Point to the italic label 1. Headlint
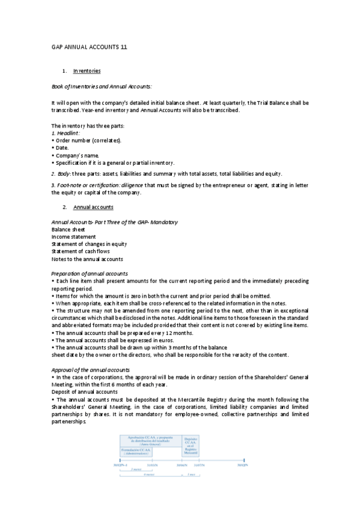pos(66,133)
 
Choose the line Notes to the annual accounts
pos(87,259)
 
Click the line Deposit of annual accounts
pos(85,392)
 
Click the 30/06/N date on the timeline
pos(182,465)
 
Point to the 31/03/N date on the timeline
pos(153,465)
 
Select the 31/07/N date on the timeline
pos(200,465)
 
